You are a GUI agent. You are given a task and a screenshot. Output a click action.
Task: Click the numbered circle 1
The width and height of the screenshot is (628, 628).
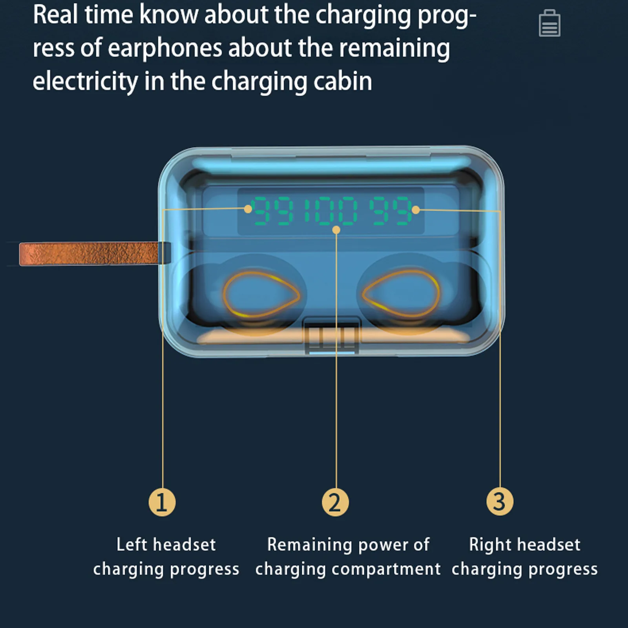pyautogui.click(x=162, y=502)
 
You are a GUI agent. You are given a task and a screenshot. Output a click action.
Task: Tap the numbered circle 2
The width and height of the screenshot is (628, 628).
pyautogui.click(x=335, y=502)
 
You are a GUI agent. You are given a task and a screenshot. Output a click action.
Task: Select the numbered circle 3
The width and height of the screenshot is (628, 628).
pyautogui.click(x=500, y=501)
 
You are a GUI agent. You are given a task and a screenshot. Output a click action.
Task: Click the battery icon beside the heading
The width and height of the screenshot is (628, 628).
pyautogui.click(x=549, y=24)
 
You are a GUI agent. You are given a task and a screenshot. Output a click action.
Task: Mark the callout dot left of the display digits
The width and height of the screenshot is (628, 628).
pyautogui.click(x=248, y=209)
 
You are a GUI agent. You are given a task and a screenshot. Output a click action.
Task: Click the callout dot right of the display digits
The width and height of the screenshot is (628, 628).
pyautogui.click(x=416, y=210)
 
